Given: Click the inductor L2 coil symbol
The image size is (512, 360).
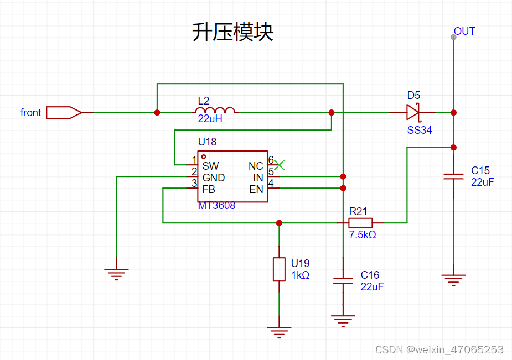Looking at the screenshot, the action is pyautogui.click(x=215, y=110).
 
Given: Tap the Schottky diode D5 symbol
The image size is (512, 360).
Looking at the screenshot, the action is pyautogui.click(x=413, y=112).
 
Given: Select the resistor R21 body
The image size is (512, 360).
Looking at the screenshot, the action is pyautogui.click(x=360, y=223).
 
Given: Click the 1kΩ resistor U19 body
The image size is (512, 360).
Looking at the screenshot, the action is pyautogui.click(x=279, y=269).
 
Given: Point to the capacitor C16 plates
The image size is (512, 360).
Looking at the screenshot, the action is pyautogui.click(x=343, y=281).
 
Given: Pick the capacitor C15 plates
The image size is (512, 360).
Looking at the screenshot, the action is pyautogui.click(x=453, y=176).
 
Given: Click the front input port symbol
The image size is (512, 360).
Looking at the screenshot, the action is pyautogui.click(x=64, y=112).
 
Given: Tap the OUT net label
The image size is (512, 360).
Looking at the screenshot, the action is pyautogui.click(x=464, y=32).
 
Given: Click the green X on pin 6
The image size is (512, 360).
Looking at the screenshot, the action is pyautogui.click(x=279, y=165).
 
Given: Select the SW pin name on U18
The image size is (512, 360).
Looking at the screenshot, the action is pyautogui.click(x=210, y=166).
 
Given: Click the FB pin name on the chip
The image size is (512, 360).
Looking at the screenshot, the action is pyautogui.click(x=209, y=190).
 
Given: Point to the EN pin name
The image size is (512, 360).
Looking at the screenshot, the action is pyautogui.click(x=256, y=190).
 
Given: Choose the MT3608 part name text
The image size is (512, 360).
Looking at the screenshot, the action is pyautogui.click(x=216, y=206).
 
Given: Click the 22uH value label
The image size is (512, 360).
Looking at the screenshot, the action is pyautogui.click(x=210, y=119).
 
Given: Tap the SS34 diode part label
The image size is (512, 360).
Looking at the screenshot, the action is pyautogui.click(x=419, y=131).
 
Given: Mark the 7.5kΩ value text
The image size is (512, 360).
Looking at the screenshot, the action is pyautogui.click(x=363, y=235).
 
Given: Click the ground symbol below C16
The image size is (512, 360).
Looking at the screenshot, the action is pyautogui.click(x=343, y=321).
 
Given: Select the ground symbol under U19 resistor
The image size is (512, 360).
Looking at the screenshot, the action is pyautogui.click(x=279, y=332).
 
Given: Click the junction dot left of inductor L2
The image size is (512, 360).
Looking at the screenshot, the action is pyautogui.click(x=157, y=112).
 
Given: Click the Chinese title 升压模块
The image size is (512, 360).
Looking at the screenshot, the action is pyautogui.click(x=232, y=32).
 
